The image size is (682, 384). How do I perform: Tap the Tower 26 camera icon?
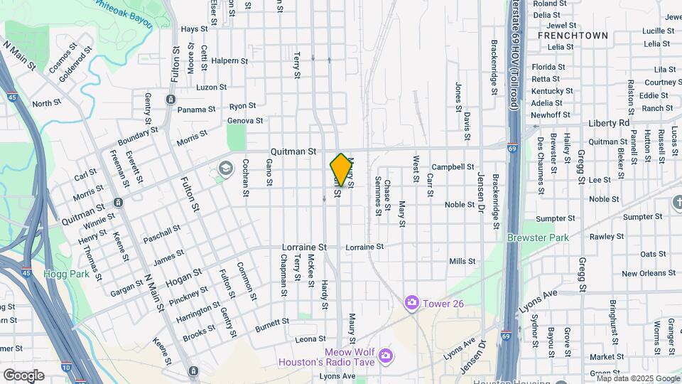tap(411, 304)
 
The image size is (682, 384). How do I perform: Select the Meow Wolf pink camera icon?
tap(384, 355)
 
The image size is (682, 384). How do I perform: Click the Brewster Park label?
tap(532, 238)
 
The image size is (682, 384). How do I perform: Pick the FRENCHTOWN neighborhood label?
tap(573, 35)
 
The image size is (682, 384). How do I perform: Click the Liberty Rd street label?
tap(609, 123)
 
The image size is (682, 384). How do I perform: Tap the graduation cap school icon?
tap(226, 169)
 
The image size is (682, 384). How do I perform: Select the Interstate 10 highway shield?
tap(65, 368)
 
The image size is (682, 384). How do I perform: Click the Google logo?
tap(23, 375)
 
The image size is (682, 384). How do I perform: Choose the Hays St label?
tap(193, 29)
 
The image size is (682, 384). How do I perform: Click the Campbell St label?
tap(453, 167)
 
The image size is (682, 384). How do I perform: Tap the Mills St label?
tap(462, 262)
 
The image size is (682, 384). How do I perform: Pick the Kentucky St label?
tap(552, 91)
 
